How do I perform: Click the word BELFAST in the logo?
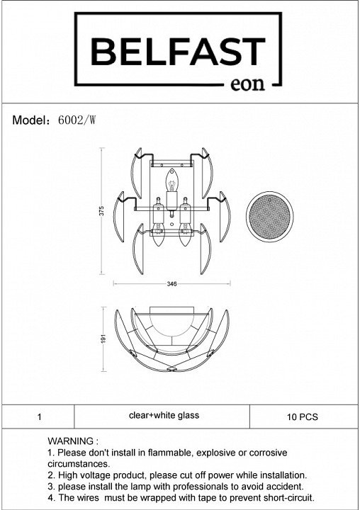click(178, 52)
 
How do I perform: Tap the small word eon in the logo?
click(247, 84)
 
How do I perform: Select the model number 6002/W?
click(77, 120)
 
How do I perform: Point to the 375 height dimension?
click(101, 211)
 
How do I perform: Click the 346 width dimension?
click(171, 284)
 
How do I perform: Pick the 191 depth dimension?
click(104, 339)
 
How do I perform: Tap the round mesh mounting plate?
click(269, 217)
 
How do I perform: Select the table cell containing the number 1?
click(38, 416)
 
